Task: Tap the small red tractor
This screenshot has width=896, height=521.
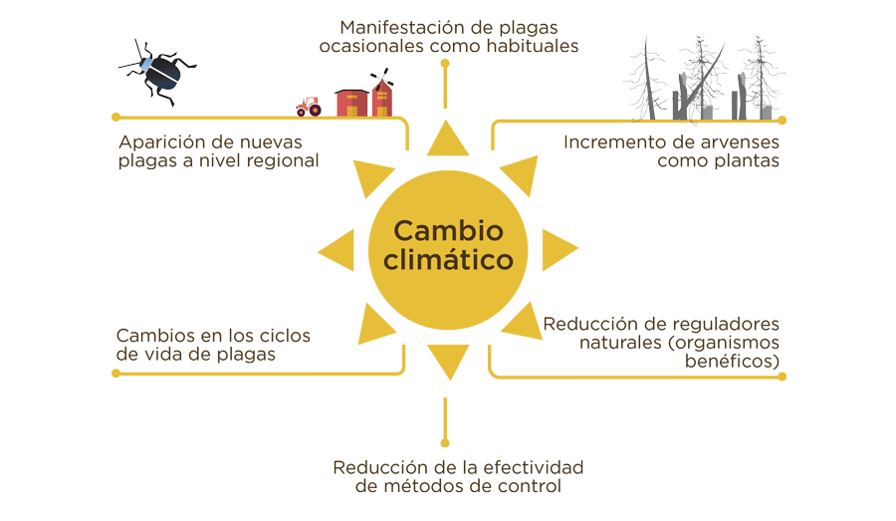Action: coord(309,106)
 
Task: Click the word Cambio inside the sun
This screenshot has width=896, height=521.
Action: coord(447,230)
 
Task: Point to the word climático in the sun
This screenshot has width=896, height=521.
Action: coord(447,261)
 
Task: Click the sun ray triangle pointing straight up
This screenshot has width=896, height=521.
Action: coord(447,141)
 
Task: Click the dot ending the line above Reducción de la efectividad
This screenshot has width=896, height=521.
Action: coord(445,442)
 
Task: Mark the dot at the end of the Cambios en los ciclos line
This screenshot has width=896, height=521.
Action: coord(116,374)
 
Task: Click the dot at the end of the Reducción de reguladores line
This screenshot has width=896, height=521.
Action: coord(783,377)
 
